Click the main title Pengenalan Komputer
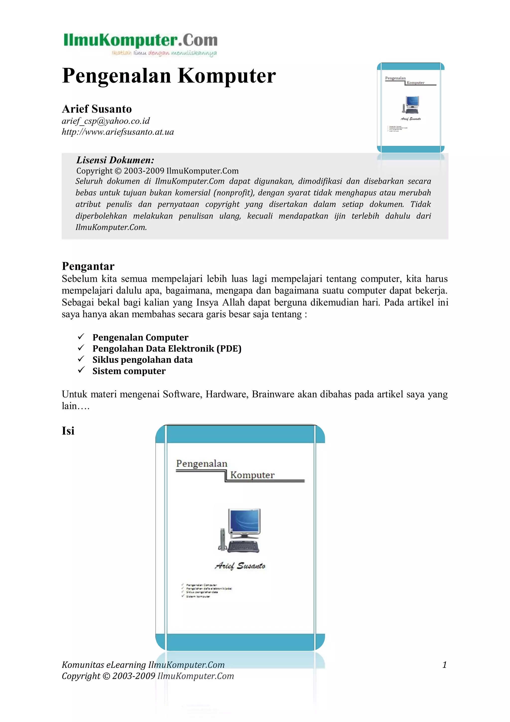[169, 76]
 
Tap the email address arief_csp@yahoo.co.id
[106, 121]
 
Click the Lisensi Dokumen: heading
[115, 160]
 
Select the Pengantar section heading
[88, 266]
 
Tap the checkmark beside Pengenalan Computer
[81, 337]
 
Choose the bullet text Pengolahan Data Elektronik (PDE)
[167, 349]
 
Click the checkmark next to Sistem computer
[81, 370]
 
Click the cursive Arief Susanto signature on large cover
[240, 566]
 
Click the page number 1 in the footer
[444, 665]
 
